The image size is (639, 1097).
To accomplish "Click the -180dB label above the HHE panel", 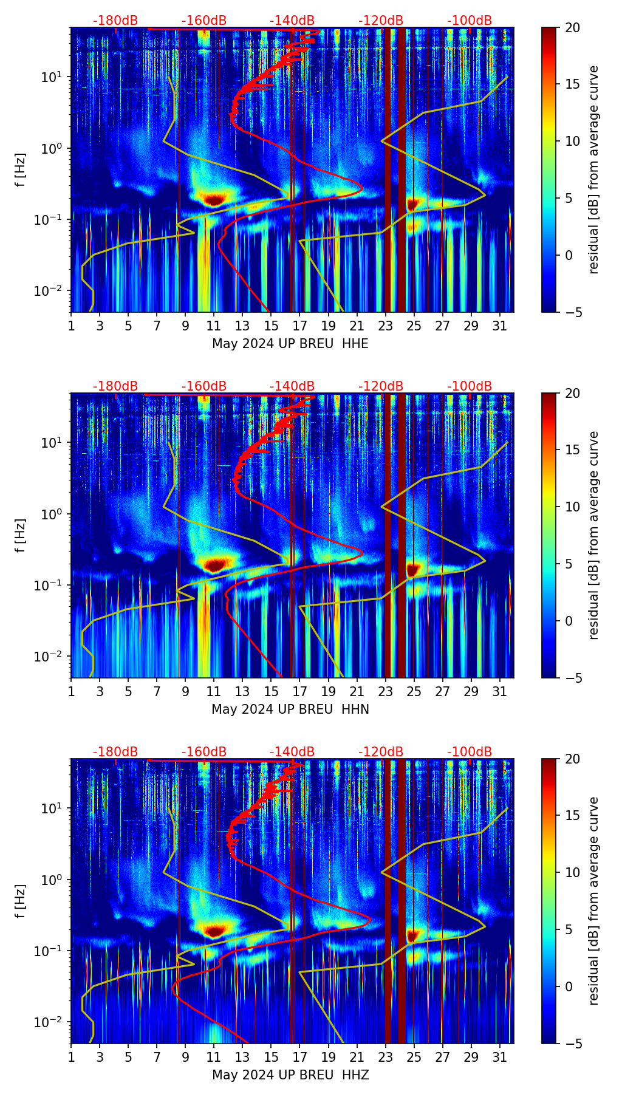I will point(115,21).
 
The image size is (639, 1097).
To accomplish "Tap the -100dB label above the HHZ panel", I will point(470,752).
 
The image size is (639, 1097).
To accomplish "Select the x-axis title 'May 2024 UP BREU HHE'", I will point(290,344).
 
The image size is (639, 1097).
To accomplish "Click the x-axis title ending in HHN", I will point(290,709).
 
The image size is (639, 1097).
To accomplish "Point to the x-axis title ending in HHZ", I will point(290,1075).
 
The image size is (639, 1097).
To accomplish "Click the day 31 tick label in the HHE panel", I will point(500,326).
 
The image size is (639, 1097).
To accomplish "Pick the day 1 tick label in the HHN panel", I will point(72,692).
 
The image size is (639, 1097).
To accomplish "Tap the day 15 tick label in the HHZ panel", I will point(272,1058).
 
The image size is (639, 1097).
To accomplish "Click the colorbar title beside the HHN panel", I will point(594,535).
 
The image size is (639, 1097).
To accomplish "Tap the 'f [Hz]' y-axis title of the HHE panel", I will point(21,169).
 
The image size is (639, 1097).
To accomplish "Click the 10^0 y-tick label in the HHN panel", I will point(51,514).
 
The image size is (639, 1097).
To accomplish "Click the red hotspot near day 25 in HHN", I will point(413,569).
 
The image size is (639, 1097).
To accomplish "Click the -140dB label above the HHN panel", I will point(292,386).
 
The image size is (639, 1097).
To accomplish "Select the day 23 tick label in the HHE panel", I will point(386,326).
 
